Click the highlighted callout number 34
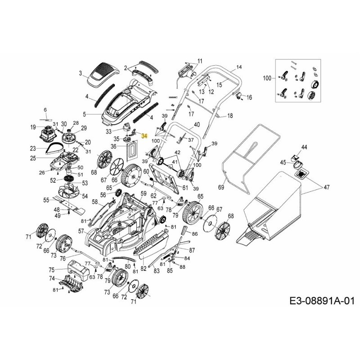[x=144, y=135]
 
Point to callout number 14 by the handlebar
[x=238, y=67]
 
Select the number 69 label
[x=221, y=186]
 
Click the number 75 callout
[x=51, y=270]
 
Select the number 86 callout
[x=194, y=234]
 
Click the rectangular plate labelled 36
[x=131, y=149]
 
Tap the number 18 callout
[x=230, y=116]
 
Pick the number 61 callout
[x=185, y=187]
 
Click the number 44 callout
[x=304, y=148]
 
